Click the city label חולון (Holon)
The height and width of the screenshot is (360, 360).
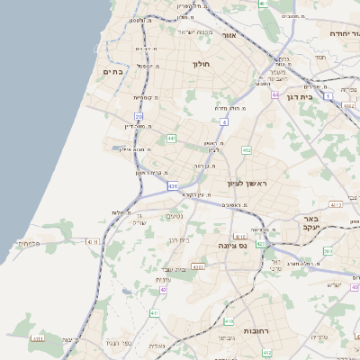(x=200, y=65)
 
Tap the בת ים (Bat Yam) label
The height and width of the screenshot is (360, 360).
(x=113, y=71)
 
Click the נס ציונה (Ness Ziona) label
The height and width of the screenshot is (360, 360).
(x=234, y=245)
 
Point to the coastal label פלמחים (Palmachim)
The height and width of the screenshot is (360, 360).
(x=29, y=243)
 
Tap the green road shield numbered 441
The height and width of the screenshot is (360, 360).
(x=171, y=139)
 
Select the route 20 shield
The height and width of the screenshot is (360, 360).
(x=139, y=116)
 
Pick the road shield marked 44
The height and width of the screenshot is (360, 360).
(x=274, y=93)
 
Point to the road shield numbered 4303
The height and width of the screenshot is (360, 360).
(x=198, y=267)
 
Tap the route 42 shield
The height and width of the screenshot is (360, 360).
(x=262, y=243)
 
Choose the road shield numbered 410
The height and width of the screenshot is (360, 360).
(x=229, y=320)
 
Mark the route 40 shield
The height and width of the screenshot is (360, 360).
(x=163, y=290)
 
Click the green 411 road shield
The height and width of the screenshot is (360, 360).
(x=154, y=312)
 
